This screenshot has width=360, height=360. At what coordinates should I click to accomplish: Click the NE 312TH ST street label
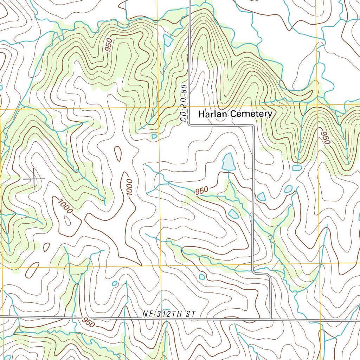[x=169, y=314]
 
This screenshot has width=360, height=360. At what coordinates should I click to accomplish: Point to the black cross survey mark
[x=34, y=179]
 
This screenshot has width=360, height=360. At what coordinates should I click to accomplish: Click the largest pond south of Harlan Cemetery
[x=229, y=162]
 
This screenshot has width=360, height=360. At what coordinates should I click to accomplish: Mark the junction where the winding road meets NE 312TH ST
[x=271, y=319]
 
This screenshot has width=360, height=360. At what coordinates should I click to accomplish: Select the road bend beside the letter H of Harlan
[x=189, y=124]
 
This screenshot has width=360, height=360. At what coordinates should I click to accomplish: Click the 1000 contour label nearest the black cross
[x=65, y=206]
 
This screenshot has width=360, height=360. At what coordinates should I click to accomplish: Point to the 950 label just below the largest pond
[x=202, y=191]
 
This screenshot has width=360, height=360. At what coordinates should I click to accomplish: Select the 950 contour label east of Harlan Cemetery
[x=325, y=137]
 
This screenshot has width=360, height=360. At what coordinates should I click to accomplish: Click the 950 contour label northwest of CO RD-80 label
[x=109, y=45]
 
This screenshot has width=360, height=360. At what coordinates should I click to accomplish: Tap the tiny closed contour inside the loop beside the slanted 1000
[x=67, y=220]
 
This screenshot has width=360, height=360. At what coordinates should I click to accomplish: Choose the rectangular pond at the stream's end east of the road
[x=297, y=168]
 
